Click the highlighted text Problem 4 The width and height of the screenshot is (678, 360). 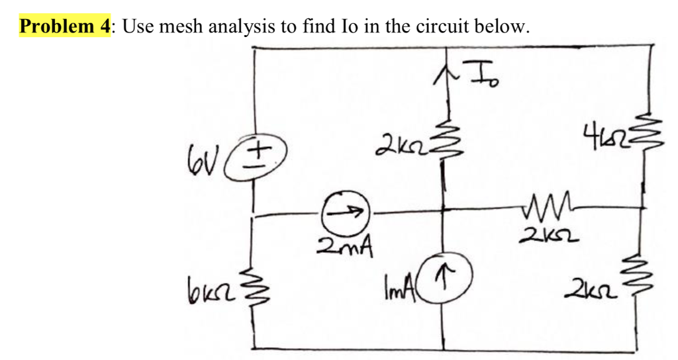coord(64,26)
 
